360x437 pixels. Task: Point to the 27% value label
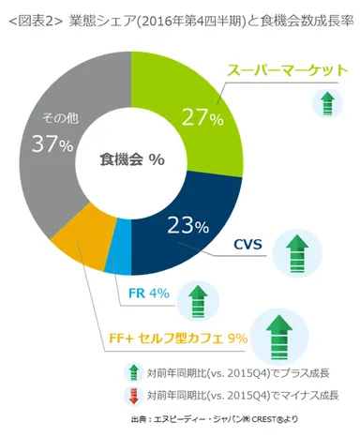click(x=202, y=118)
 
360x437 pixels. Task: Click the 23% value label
click(x=187, y=225)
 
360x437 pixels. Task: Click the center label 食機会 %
click(x=131, y=159)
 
